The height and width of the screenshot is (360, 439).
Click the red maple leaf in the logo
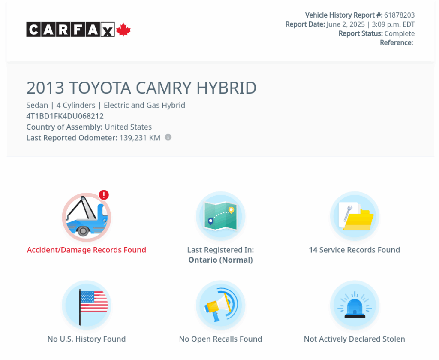tap(123, 30)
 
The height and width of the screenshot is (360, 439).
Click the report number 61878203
tap(399, 15)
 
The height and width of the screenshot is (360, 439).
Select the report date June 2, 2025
tap(346, 24)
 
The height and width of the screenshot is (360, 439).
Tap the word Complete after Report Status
tap(400, 33)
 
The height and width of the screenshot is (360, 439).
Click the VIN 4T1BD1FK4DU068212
tap(65, 116)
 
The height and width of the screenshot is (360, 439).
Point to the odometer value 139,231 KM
tap(140, 138)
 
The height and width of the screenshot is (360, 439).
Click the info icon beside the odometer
tap(168, 137)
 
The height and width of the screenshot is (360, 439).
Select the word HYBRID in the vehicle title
tap(226, 88)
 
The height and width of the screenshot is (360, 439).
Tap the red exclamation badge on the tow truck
tap(104, 195)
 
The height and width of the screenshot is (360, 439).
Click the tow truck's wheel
tap(83, 230)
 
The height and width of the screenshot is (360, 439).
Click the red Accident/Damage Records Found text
tap(87, 250)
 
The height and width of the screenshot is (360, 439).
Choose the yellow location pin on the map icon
tap(231, 210)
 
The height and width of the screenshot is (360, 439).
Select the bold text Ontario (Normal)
tap(221, 260)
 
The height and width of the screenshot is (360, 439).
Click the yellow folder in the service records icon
tap(359, 220)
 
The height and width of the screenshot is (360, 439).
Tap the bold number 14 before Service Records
tap(313, 250)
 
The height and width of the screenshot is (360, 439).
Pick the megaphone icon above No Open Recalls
tap(221, 306)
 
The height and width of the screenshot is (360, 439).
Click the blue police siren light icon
tap(355, 307)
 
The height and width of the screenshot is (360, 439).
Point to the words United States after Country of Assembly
tap(128, 127)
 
